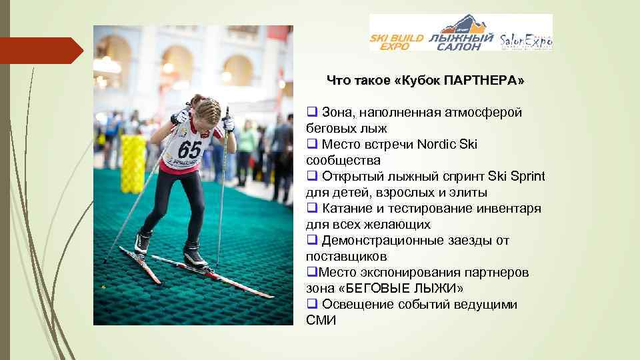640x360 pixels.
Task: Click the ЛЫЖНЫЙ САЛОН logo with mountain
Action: point(461,37)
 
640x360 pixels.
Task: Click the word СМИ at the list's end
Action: point(321,321)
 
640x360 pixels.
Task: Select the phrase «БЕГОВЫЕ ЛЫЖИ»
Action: point(406,289)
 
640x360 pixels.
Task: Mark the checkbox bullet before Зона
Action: point(311,112)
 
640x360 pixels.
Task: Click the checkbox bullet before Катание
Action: point(311,208)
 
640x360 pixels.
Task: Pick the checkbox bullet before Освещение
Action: point(311,304)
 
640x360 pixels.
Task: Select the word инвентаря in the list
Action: point(513,209)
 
